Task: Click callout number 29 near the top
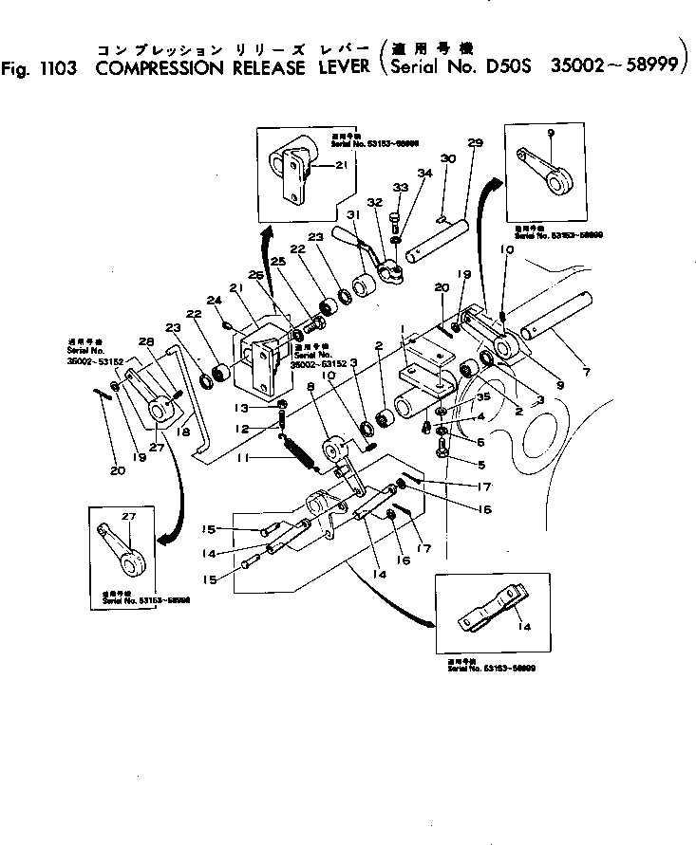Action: coord(475,142)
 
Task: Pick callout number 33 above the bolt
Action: coord(400,188)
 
